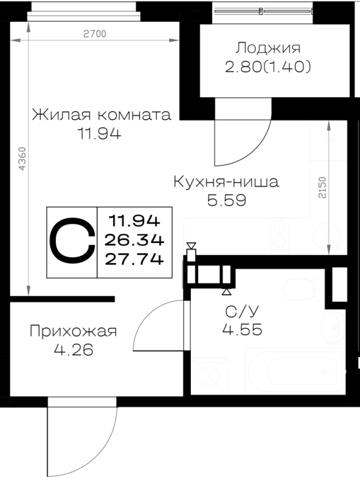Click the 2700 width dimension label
pos(95,33)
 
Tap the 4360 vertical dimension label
pos(22,159)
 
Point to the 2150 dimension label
pos(322,188)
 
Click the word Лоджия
pos(268,48)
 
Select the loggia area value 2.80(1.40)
pos(268,67)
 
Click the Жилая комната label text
pos(102,115)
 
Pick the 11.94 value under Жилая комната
pos(99,134)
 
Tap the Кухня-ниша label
pos(226,182)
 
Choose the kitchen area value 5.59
pos(227,200)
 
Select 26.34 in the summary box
pos(134,240)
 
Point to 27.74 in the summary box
pos(134,259)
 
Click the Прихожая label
pos(73,331)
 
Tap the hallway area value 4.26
pos(74,351)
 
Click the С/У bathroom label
pos(242,312)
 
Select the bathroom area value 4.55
pos(243,329)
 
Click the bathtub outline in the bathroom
pos(295,371)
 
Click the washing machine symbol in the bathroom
pos(209,375)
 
